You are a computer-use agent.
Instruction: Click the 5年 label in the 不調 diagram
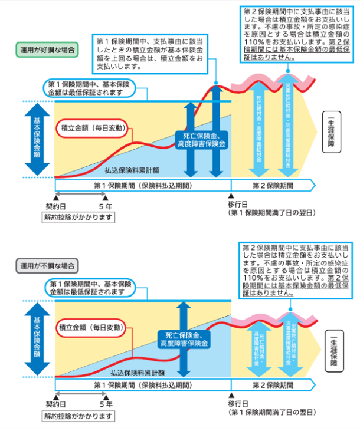pyautogui.click(x=106, y=404)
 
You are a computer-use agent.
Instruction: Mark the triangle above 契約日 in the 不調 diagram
pyautogui.click(x=56, y=396)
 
